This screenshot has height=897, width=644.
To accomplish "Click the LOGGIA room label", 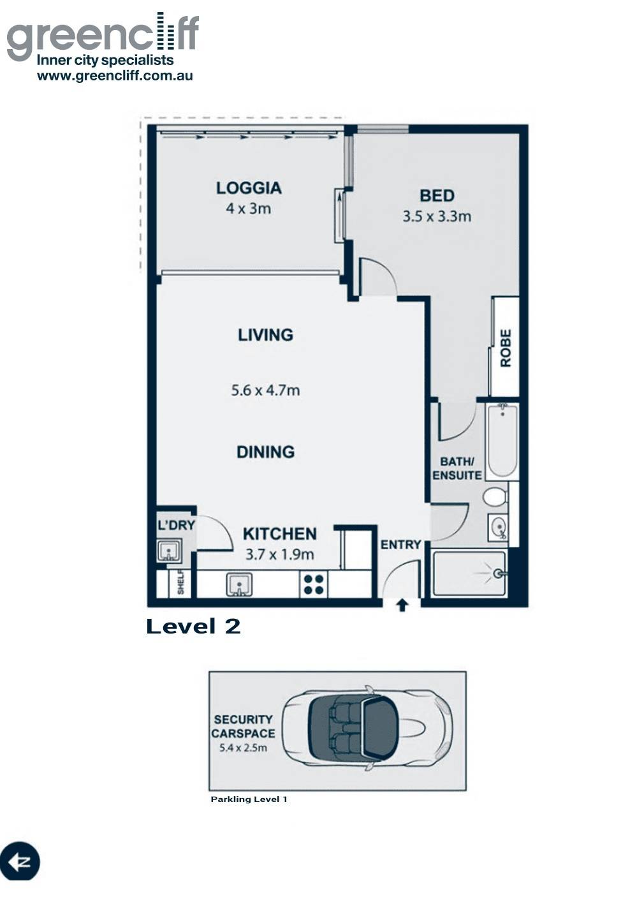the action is coord(249,188).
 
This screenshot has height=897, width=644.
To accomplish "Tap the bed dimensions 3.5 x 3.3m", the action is coord(437,217).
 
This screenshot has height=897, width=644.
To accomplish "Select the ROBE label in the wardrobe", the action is coord(506,348).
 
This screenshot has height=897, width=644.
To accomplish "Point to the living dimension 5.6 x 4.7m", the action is coord(265,390).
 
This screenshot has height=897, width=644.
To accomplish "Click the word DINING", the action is coord(266,452).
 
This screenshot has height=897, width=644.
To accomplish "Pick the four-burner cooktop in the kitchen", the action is coord(314,584).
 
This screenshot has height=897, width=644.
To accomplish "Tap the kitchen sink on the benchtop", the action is coord(239,584).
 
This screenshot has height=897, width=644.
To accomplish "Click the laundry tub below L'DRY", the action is coord(170,551).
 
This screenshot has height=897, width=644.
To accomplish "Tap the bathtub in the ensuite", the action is coord(502,441).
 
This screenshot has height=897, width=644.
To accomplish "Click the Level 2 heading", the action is coord(193,626).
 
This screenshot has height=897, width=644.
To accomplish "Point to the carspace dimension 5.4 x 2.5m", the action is coord(244,748).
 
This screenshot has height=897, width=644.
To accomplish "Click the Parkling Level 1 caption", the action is coord(249,799).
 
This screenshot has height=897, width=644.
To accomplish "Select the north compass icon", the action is coord(20,862).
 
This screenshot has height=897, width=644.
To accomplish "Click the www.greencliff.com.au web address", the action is coord(115,76).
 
